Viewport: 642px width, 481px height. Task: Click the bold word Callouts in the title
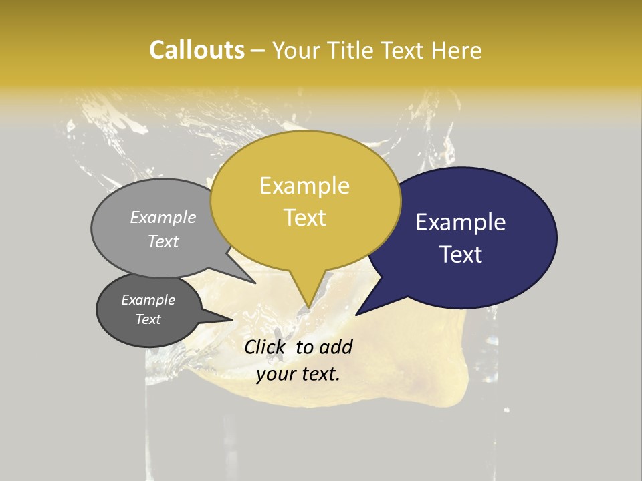coord(197,50)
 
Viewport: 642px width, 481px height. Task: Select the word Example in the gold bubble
coord(304,186)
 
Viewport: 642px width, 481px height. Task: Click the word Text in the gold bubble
coord(304,218)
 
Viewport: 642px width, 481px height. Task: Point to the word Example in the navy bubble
coord(461,222)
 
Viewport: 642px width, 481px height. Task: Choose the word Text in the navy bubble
coord(461,255)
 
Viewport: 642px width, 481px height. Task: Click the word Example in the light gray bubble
coord(163,218)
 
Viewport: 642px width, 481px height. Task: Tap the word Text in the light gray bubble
coord(163,241)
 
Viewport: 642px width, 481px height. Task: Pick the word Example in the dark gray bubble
coord(148,300)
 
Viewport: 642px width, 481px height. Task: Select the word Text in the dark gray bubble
coord(148,319)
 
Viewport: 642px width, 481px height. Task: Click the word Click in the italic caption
coord(265,347)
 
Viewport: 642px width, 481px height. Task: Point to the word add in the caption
coord(336,347)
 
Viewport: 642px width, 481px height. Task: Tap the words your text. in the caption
coord(298,375)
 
